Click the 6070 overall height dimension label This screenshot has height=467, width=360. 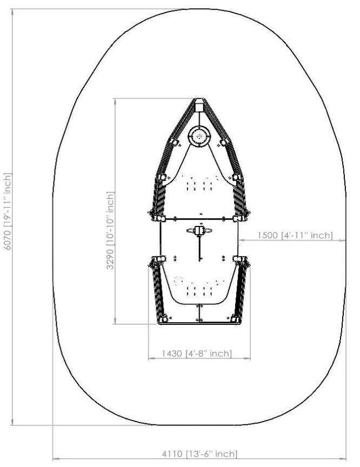[8, 211]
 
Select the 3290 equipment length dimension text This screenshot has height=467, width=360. [110, 230]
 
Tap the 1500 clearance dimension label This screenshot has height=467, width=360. [295, 235]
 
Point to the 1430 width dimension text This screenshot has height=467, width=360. [197, 353]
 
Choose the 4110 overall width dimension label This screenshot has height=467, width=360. [199, 454]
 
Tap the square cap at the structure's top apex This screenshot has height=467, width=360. [199, 105]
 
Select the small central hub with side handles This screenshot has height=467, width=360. [199, 230]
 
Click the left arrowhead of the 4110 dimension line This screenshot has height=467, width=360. [55, 459]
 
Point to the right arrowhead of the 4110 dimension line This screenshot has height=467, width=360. [343, 459]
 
